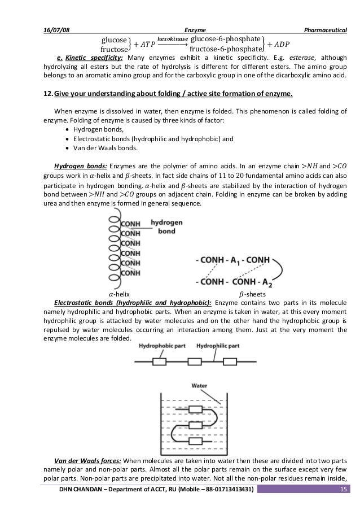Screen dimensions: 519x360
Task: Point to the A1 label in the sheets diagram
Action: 233,261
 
